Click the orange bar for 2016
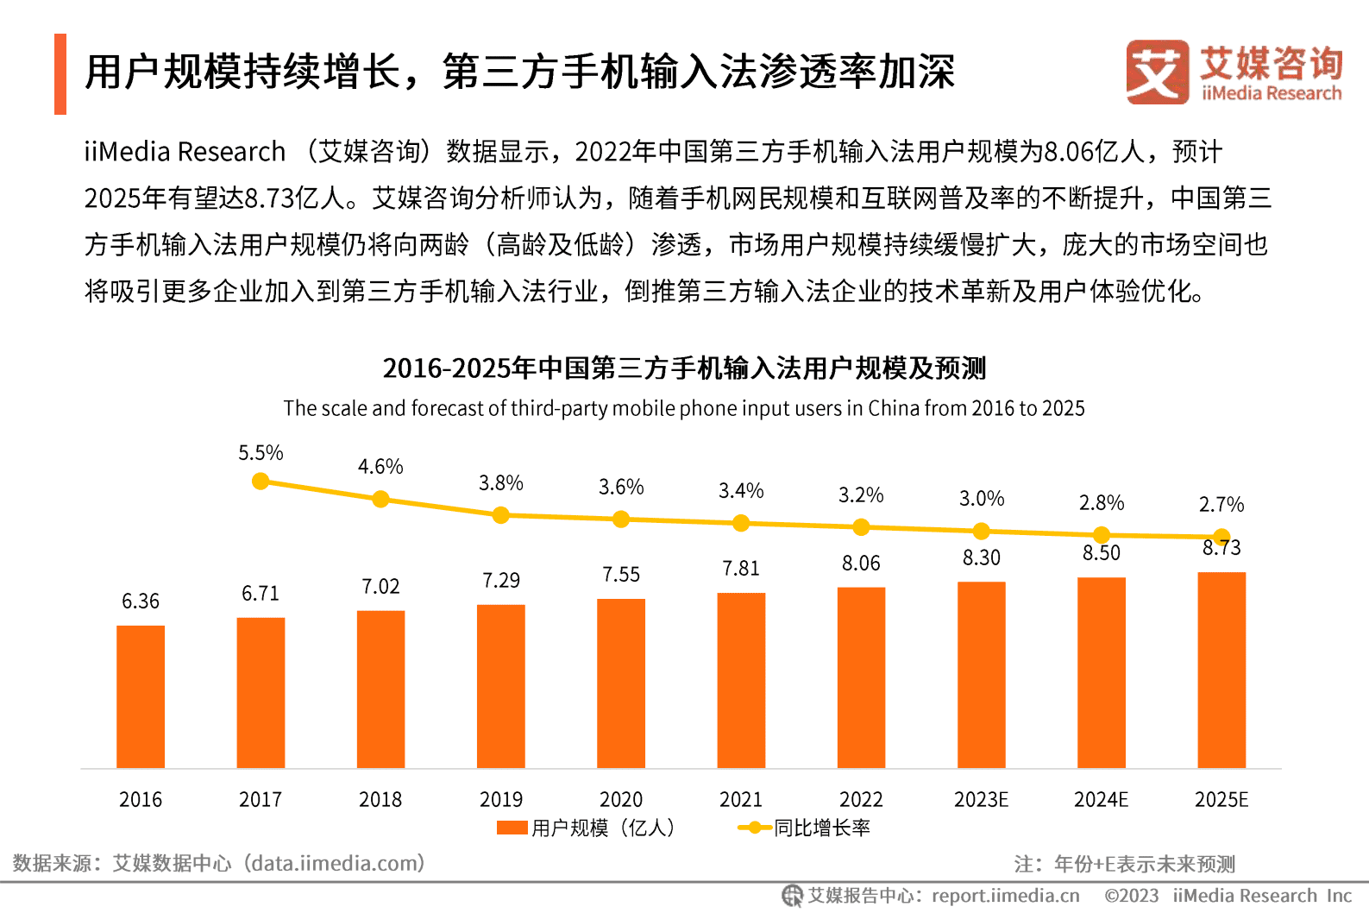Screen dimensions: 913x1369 (x=141, y=696)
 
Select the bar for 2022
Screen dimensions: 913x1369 (x=861, y=677)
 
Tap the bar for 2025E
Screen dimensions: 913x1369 (x=1221, y=670)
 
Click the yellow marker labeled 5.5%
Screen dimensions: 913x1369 (x=261, y=482)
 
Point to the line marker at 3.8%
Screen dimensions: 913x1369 (x=500, y=515)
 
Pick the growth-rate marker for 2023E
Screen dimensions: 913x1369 (x=981, y=531)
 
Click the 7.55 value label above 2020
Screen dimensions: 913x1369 (x=621, y=575)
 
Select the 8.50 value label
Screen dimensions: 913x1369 (x=1102, y=553)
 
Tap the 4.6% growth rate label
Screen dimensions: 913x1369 (x=380, y=467)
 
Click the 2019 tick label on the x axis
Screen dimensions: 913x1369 (x=500, y=799)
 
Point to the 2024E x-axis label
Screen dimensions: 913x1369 (x=1101, y=799)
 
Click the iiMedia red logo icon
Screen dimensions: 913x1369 (x=1156, y=72)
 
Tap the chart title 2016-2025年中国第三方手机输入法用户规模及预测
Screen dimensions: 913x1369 (x=684, y=368)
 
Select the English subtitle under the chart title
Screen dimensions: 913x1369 (x=684, y=408)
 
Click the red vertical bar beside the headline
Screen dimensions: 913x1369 (x=60, y=74)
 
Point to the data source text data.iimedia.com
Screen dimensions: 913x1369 (x=333, y=863)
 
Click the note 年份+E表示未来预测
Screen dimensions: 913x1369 (x=1144, y=864)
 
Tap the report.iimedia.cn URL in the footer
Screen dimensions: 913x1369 (x=1005, y=896)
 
